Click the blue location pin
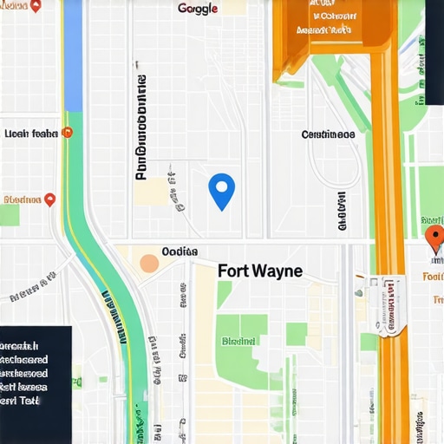222,189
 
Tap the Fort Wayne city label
260,271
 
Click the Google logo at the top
198,9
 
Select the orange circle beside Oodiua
149,264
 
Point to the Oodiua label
180,251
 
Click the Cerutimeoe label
327,134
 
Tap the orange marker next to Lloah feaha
68,133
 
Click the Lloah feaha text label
30,134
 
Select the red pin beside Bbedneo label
49,199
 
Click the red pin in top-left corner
36,5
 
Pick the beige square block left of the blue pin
151,192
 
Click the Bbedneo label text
23,199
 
